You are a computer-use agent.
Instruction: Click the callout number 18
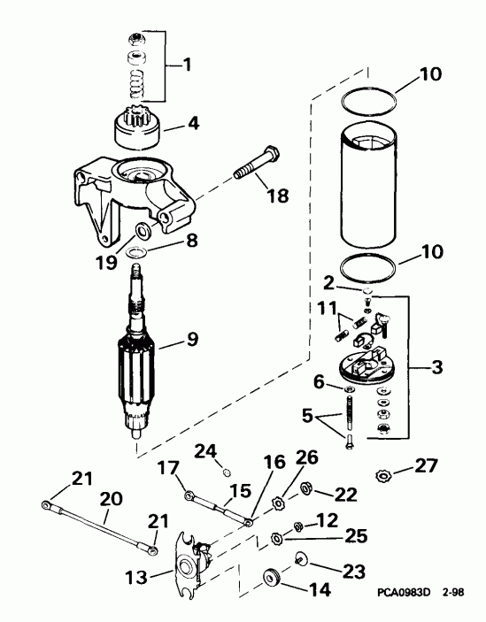[x=278, y=196]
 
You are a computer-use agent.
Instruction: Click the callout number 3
[x=437, y=365]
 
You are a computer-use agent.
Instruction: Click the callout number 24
[x=205, y=452]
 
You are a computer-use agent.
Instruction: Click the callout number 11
[x=328, y=309]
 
